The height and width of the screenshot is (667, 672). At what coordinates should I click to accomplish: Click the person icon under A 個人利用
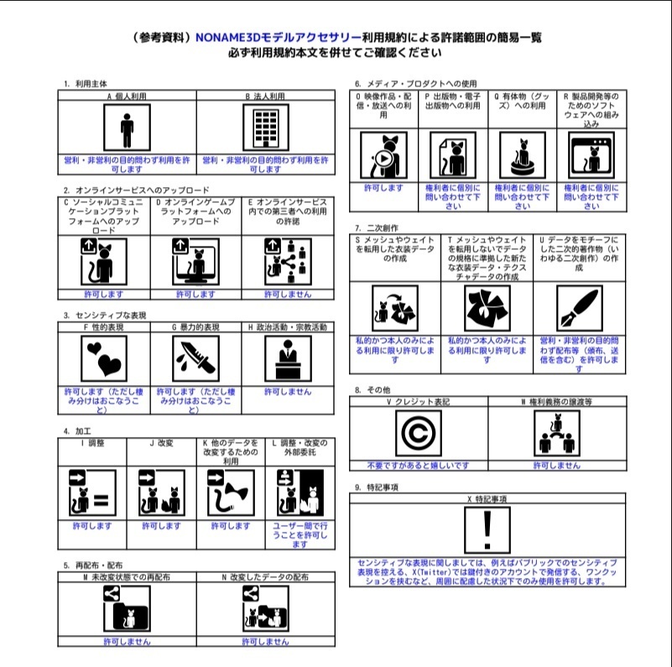click(x=127, y=128)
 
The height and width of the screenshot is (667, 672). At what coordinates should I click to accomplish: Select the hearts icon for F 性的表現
click(x=104, y=358)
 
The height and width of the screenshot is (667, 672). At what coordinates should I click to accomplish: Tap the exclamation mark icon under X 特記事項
click(x=487, y=529)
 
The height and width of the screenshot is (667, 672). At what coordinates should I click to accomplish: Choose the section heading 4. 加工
click(x=77, y=430)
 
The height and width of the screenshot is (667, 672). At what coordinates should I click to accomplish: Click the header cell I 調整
click(x=92, y=442)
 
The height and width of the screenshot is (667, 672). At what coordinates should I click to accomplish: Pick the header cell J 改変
click(x=161, y=442)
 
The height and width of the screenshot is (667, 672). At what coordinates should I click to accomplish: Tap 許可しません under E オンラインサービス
click(x=288, y=294)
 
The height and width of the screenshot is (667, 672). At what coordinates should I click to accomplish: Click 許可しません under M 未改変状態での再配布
click(x=127, y=641)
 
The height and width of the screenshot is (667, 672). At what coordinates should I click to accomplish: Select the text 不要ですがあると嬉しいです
click(x=418, y=465)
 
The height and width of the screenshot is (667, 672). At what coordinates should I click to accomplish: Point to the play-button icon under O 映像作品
click(x=383, y=155)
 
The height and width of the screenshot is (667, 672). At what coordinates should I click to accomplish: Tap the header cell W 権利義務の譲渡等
click(x=556, y=402)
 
